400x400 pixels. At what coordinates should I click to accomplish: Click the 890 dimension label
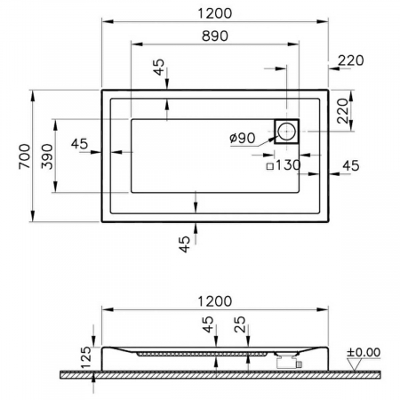pos(215,36)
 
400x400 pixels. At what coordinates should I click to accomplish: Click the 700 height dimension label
pos(24,156)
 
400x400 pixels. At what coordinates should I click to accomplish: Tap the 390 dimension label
pos(47,156)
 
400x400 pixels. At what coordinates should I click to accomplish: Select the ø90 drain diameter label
pos(243,138)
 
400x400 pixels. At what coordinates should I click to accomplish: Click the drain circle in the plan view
pos(286,131)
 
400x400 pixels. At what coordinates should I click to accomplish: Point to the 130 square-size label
pos(288,164)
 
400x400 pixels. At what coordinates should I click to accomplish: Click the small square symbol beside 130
pos(270,166)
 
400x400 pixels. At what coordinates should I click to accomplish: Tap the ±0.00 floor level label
pos(364,352)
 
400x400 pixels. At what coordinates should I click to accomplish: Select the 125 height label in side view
pos(87,357)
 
